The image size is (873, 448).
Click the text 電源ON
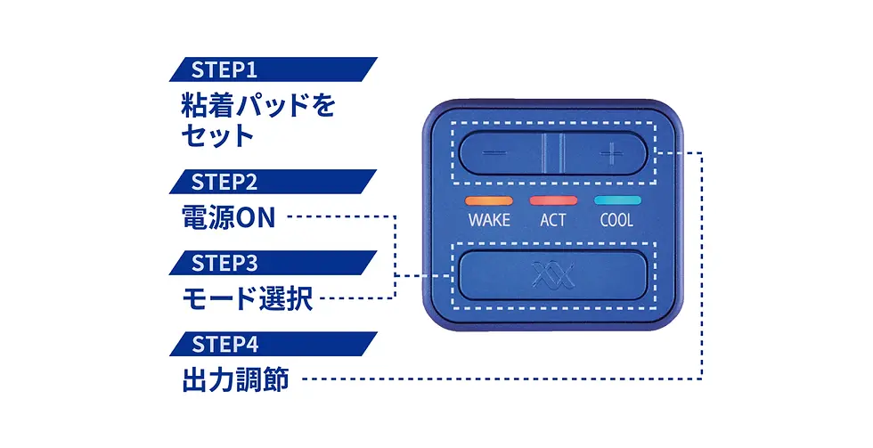pos(227,218)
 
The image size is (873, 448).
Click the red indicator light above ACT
pos(552,201)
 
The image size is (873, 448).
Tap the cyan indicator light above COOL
pos(616,201)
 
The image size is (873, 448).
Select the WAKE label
pos(489,220)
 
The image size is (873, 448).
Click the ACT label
pos(552,220)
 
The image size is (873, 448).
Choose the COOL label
pos(616,220)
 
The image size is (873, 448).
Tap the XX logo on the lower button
pos(552,275)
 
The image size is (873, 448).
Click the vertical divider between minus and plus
pos(553,152)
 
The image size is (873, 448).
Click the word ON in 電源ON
pos(256,218)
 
